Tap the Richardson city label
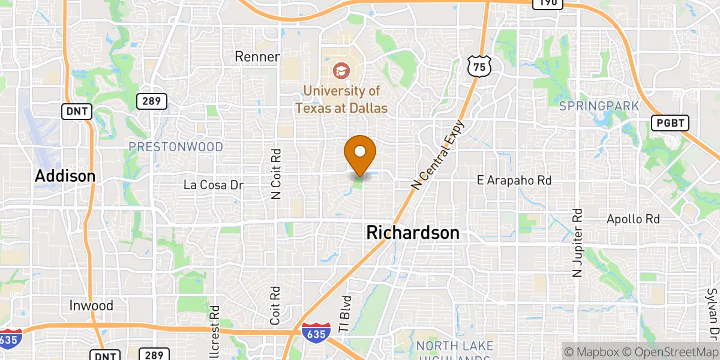(x=413, y=233)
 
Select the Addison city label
(x=65, y=176)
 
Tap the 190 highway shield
(x=547, y=4)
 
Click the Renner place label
(x=257, y=57)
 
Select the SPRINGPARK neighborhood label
(x=599, y=106)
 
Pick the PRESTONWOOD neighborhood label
(x=176, y=147)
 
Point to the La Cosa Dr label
(x=213, y=185)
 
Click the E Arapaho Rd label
(x=514, y=179)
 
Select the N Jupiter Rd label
(x=578, y=242)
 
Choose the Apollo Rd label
(x=633, y=219)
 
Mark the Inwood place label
(x=91, y=305)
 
